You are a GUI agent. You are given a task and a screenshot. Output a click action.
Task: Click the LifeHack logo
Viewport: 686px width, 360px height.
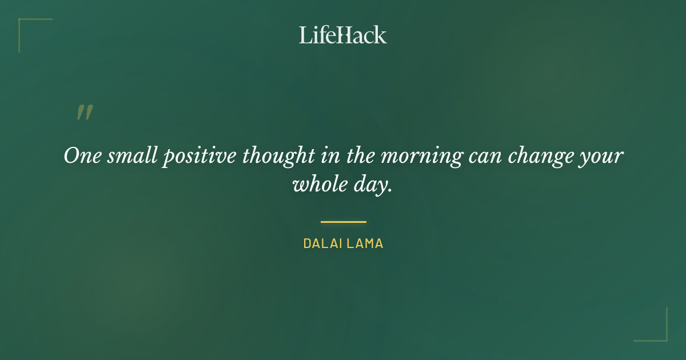(x=343, y=35)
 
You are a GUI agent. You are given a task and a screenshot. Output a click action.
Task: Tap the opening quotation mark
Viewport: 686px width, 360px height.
(x=85, y=113)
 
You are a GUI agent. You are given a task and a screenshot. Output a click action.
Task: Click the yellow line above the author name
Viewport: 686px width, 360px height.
(x=343, y=222)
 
